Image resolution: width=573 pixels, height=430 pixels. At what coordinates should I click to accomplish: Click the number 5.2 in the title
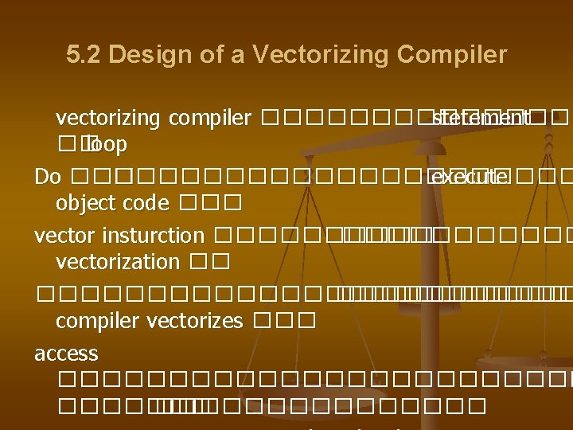tap(84, 55)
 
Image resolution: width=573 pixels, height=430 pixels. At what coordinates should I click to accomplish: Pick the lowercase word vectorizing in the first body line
tap(107, 119)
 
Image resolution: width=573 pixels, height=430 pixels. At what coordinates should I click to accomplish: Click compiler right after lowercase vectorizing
tap(208, 119)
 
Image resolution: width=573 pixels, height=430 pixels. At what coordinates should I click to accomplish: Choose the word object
tap(81, 203)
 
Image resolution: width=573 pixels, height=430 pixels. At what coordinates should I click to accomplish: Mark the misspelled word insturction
tap(157, 235)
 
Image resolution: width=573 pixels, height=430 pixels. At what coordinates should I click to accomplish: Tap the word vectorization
tap(118, 261)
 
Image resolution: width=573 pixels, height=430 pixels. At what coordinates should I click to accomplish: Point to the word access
tap(66, 353)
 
